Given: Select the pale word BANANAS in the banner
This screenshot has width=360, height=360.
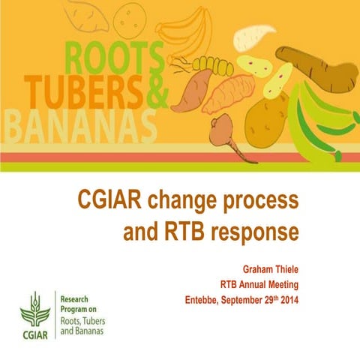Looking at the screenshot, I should [79, 128].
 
